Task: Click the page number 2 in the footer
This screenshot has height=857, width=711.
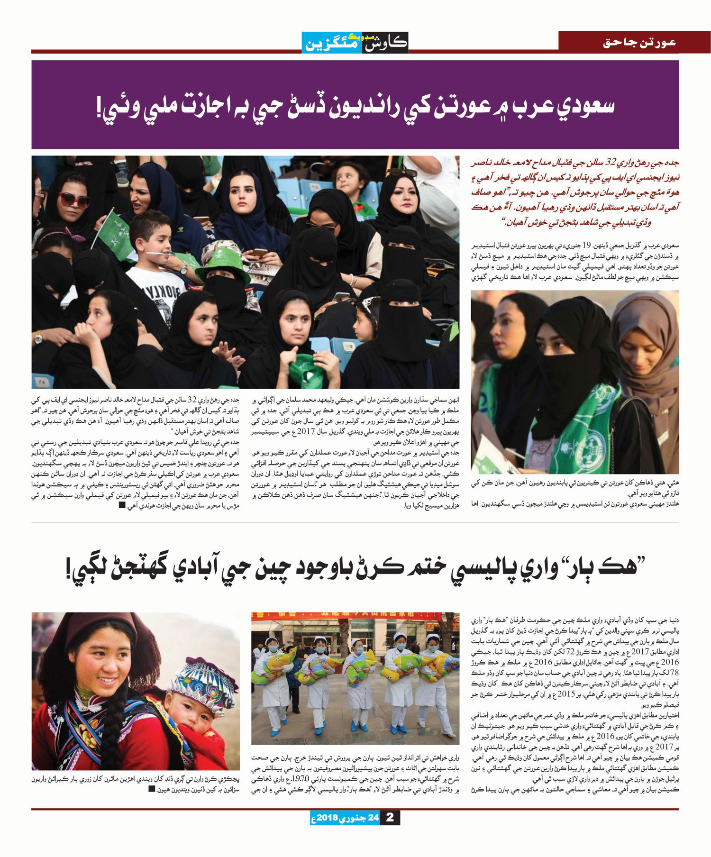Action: (x=390, y=818)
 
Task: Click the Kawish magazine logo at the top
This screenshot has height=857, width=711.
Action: (x=355, y=42)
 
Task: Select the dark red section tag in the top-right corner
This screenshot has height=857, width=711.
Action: (x=634, y=42)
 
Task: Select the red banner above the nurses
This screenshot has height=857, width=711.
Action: (x=355, y=616)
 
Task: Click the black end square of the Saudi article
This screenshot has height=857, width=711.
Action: (x=122, y=506)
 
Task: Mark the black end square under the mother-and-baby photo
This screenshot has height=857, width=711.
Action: (x=151, y=789)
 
